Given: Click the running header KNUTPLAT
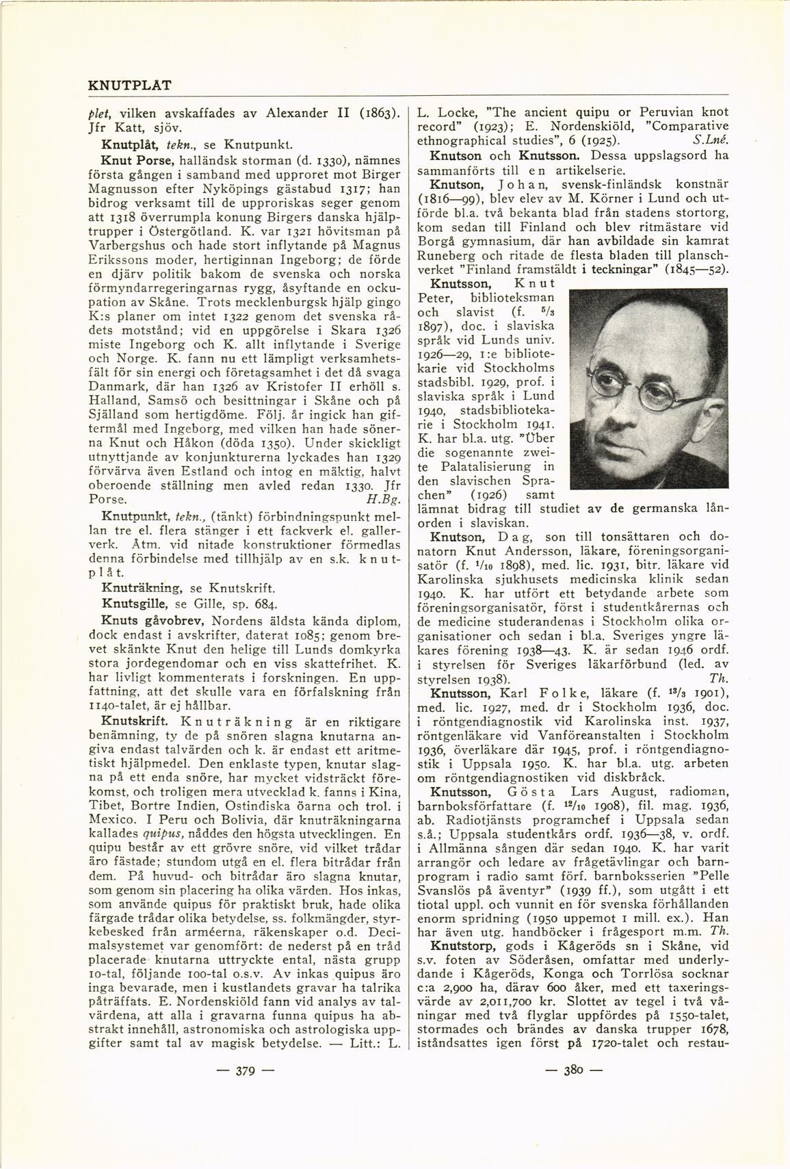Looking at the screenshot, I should pyautogui.click(x=130, y=86).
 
